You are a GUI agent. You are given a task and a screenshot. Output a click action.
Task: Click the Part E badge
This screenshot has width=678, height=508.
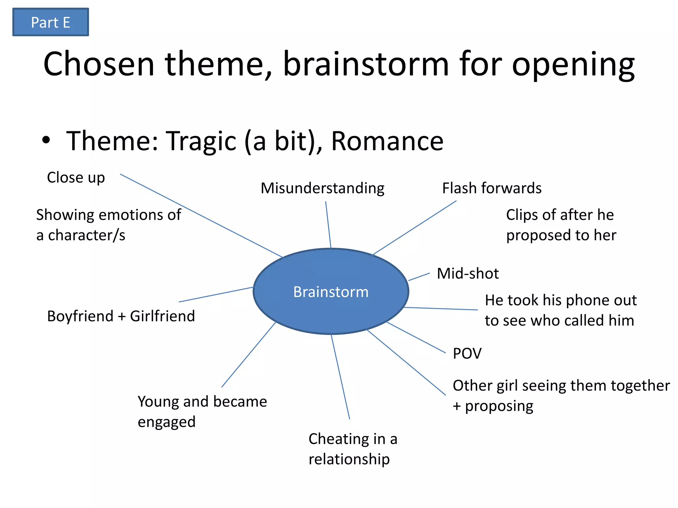tap(50, 22)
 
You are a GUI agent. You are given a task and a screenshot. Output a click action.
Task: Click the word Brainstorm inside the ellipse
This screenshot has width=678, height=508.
tap(331, 292)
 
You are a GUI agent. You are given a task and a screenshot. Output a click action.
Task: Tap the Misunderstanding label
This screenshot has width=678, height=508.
tap(322, 188)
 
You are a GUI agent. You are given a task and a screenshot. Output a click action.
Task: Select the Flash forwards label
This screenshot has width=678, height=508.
tap(492, 188)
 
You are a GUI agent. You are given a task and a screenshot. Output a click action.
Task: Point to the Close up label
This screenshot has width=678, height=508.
tap(76, 178)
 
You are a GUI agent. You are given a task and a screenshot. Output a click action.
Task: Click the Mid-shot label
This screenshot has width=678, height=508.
tap(467, 274)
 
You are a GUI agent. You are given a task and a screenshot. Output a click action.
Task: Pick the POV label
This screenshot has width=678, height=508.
tap(467, 353)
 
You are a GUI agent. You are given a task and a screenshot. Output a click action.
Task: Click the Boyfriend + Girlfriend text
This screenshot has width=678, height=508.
tap(121, 316)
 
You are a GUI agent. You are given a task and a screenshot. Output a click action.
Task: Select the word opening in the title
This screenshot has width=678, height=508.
tap(573, 64)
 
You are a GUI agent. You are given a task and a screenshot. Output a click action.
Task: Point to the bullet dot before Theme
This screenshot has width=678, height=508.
tap(46, 140)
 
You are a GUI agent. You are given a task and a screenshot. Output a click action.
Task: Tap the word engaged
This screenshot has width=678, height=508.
tap(167, 422)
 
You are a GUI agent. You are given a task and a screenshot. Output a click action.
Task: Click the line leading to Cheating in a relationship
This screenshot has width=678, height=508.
tap(340, 377)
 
